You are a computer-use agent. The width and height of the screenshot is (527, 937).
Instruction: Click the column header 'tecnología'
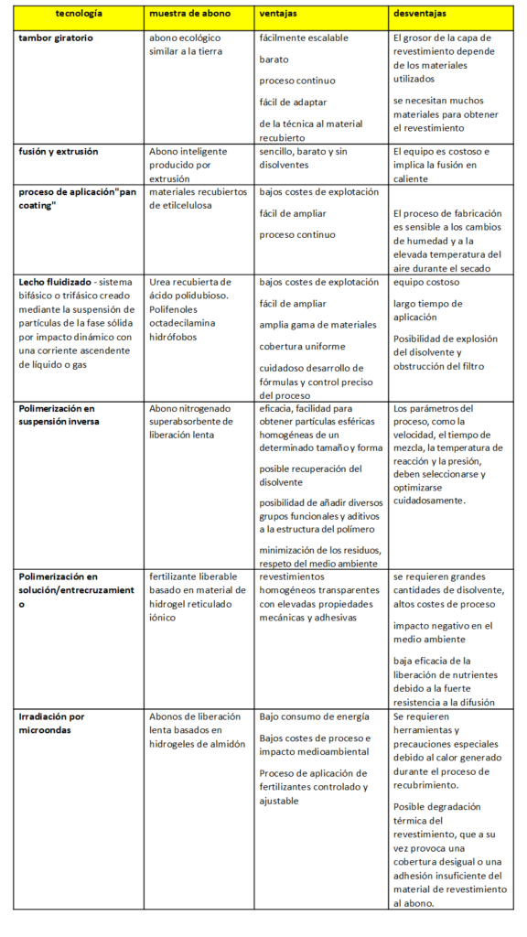click(79, 16)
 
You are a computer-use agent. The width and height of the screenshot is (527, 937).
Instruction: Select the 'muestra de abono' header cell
click(190, 16)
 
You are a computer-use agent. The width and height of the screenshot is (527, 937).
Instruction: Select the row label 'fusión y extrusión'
click(59, 151)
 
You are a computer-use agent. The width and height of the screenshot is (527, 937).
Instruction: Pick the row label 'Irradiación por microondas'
click(51, 723)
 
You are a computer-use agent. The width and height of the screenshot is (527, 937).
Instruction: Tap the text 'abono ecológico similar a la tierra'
click(192, 45)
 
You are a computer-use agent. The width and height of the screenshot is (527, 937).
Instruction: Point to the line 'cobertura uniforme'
click(302, 347)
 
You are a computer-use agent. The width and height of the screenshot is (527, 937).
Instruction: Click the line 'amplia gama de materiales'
click(317, 325)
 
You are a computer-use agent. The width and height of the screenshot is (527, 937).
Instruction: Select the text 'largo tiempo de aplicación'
click(427, 310)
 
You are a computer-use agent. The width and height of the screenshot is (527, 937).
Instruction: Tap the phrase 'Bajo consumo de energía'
click(314, 716)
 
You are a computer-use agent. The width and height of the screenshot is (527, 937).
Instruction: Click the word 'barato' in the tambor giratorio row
click(274, 59)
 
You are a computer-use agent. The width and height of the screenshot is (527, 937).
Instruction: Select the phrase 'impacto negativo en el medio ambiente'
click(443, 632)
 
